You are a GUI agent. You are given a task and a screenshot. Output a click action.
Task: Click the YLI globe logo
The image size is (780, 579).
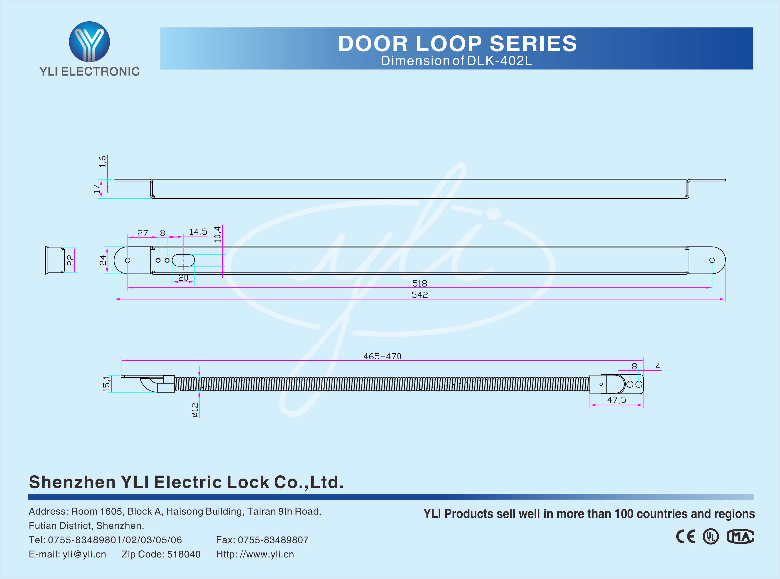click(x=89, y=42)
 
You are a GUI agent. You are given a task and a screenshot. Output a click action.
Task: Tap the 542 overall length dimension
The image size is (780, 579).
click(x=419, y=295)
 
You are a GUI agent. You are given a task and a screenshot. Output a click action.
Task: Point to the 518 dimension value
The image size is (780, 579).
click(x=419, y=283)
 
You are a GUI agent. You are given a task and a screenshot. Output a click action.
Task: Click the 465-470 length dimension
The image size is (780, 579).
click(x=382, y=356)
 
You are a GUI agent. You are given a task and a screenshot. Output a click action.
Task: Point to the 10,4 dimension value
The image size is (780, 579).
click(x=218, y=234)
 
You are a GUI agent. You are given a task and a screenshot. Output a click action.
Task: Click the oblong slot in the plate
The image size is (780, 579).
click(x=183, y=260)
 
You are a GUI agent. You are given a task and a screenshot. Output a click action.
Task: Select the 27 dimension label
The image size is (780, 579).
click(x=143, y=233)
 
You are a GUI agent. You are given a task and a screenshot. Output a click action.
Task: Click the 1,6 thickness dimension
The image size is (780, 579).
click(x=102, y=162)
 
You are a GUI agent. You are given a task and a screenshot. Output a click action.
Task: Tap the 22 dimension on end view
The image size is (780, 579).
click(x=70, y=260)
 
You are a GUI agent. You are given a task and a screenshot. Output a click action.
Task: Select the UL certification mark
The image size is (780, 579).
click(x=711, y=537)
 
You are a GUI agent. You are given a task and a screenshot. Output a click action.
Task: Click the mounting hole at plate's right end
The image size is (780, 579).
click(x=712, y=260)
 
